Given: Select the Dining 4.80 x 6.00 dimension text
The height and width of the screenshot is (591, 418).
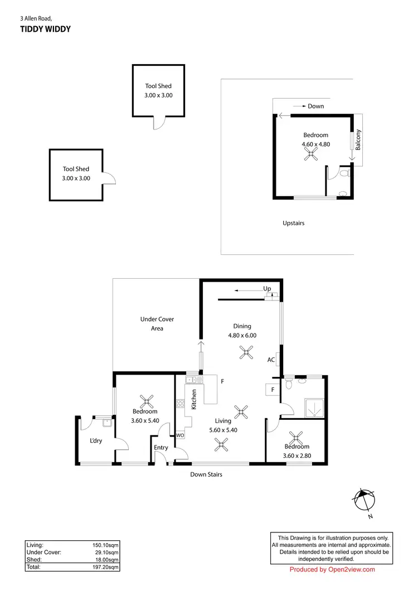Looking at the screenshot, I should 242,336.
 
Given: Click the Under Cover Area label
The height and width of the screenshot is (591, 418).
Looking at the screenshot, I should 157,324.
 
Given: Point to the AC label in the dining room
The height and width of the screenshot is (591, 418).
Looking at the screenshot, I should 271,360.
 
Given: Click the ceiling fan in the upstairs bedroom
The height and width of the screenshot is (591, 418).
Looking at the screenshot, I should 310,157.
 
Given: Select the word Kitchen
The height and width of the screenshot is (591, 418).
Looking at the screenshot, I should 194,400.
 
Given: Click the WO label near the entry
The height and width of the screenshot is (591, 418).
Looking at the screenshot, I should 180,435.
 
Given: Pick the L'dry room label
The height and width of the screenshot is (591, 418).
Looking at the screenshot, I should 96,441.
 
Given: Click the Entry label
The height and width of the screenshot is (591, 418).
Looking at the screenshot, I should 161,448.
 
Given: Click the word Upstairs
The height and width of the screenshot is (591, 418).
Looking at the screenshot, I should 293,223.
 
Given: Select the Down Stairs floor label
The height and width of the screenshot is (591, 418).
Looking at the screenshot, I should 206,474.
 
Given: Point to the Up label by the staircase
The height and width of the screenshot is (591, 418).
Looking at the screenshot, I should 267,288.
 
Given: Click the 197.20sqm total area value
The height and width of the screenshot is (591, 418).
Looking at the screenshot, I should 105,566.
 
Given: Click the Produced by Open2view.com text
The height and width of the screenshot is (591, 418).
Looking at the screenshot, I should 332,569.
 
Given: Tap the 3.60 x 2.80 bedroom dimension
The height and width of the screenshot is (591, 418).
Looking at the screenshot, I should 297,455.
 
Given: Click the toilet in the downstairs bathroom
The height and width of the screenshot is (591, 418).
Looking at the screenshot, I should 288,384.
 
